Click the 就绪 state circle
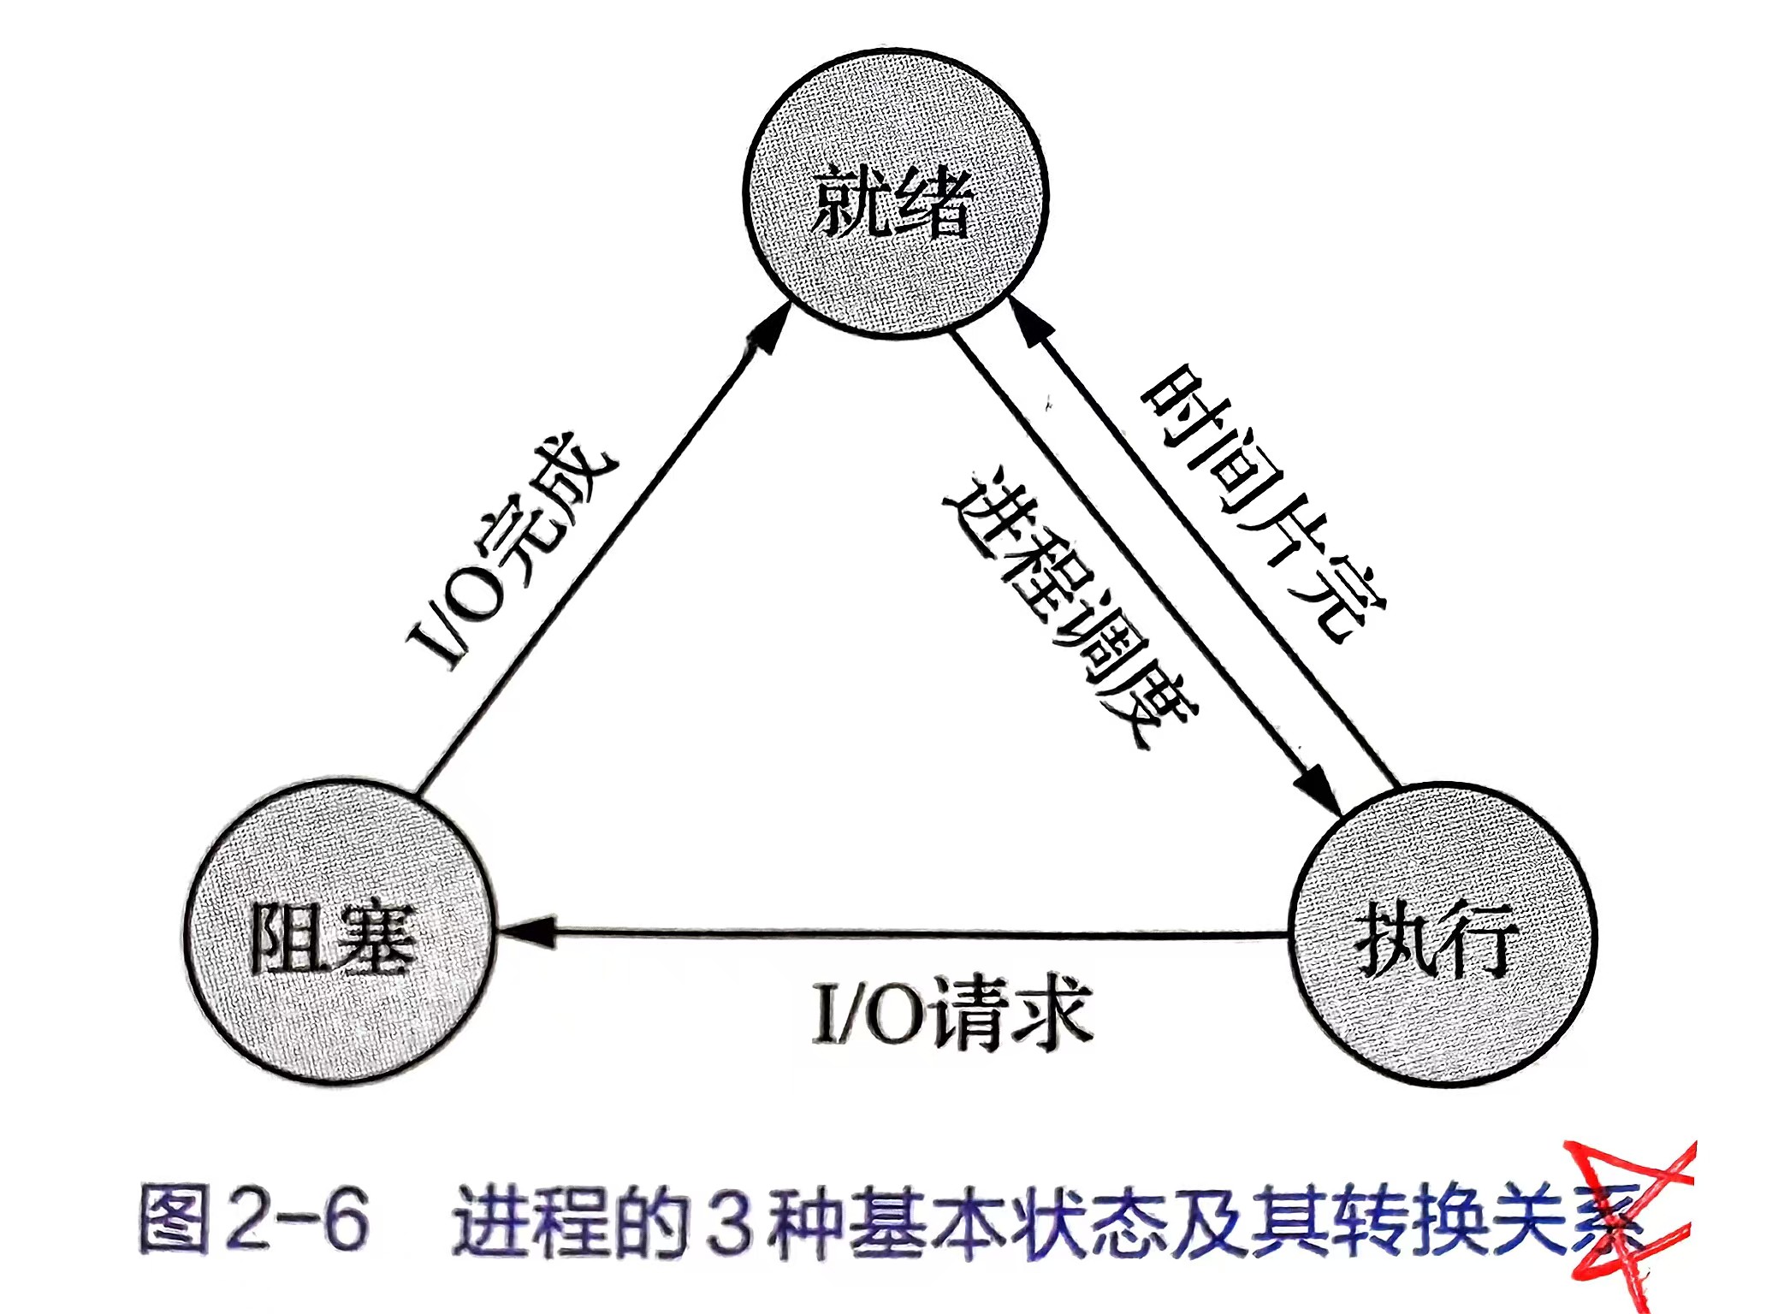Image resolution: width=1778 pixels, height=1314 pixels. pyautogui.click(x=895, y=194)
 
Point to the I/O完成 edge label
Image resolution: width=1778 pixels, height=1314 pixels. pyautogui.click(x=512, y=555)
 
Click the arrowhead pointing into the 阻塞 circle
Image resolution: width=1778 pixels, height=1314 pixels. pyautogui.click(x=524, y=931)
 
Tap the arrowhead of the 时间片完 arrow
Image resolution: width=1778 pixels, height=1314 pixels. pyautogui.click(x=1025, y=320)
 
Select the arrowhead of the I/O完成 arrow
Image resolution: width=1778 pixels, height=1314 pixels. pyautogui.click(x=767, y=329)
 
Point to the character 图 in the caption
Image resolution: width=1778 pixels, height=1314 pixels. pyautogui.click(x=175, y=1220)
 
